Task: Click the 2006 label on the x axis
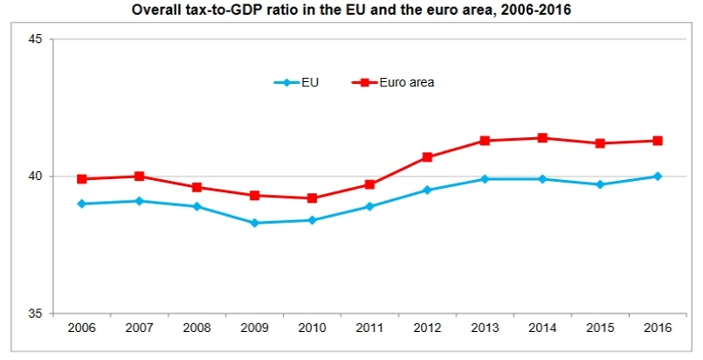(x=81, y=328)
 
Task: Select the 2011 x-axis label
(x=369, y=328)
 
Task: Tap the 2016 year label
(x=658, y=328)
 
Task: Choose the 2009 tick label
(x=254, y=328)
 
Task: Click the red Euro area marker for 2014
(x=542, y=138)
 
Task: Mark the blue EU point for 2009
(x=254, y=223)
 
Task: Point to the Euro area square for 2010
(x=312, y=198)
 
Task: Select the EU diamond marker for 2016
(x=658, y=177)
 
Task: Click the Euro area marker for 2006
(x=81, y=179)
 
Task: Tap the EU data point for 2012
(x=427, y=190)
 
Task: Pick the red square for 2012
(x=427, y=157)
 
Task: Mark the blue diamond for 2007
(x=139, y=201)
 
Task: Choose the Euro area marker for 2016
(x=658, y=141)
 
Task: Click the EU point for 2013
(x=485, y=179)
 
